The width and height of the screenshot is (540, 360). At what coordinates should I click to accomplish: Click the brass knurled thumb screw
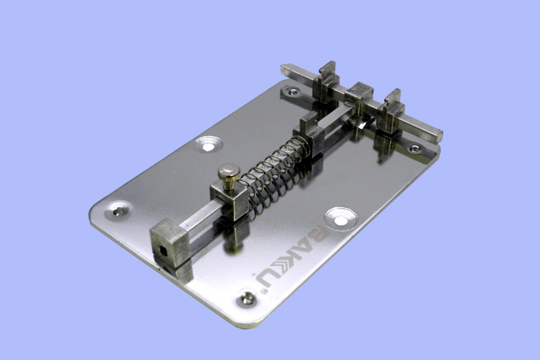229,176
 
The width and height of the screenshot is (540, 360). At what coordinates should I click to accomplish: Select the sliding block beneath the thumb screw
229,200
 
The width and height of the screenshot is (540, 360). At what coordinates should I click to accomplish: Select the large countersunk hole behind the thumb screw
208,146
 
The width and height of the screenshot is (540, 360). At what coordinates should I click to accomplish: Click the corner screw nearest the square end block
119,211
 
